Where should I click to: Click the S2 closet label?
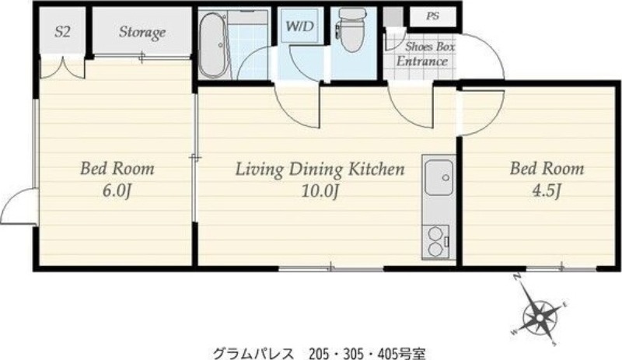[62, 32]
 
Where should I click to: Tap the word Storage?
[142, 32]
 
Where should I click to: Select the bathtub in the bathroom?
[213, 45]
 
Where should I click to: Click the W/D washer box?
[300, 26]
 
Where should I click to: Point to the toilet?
[351, 30]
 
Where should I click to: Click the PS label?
[432, 16]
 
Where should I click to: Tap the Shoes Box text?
[430, 47]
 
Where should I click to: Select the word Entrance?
[422, 61]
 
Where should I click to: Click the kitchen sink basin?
[439, 177]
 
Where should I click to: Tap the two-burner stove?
[435, 242]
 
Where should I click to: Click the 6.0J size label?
[117, 191]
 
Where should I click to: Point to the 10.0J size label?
[320, 191]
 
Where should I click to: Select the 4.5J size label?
[547, 191]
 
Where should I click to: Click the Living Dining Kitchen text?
[320, 169]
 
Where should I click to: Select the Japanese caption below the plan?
[320, 353]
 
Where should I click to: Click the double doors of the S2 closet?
[63, 68]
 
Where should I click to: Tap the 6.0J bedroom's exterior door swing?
[18, 207]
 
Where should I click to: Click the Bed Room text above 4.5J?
[547, 169]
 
